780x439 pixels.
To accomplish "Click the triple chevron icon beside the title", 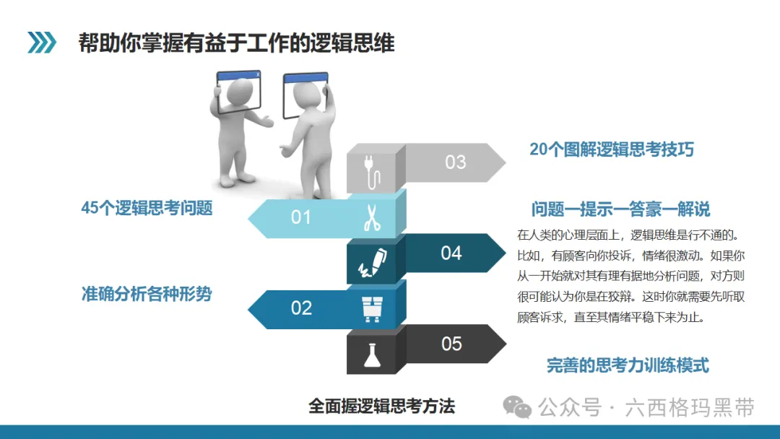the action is [x=42, y=43].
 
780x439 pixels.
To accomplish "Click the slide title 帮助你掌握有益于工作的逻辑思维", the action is [x=236, y=43].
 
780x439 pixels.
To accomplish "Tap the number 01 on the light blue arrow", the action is [x=301, y=217].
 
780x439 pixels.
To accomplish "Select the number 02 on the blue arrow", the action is [x=301, y=308].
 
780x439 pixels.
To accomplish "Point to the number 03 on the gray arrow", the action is [x=456, y=162].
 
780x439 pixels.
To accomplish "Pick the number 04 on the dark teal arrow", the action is [x=451, y=253].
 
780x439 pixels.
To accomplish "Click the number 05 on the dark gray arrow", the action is [x=451, y=344].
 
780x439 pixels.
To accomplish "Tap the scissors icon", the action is [x=372, y=218].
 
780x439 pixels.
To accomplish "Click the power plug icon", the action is [x=372, y=172].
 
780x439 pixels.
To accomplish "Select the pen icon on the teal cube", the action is [x=373, y=263].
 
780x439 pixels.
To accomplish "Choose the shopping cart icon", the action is [x=372, y=309].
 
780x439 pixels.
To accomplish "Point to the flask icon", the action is [x=372, y=355].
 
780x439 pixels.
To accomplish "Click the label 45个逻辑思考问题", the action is [x=147, y=208].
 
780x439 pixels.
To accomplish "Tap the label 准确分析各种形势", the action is [x=147, y=294].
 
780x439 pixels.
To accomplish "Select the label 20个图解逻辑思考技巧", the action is [x=612, y=149].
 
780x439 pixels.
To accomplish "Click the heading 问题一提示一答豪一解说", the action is [x=620, y=209].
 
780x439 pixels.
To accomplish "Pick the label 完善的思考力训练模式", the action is [x=628, y=365].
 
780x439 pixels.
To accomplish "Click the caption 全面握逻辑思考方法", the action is [x=381, y=407].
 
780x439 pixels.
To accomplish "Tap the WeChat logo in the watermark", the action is [x=517, y=407].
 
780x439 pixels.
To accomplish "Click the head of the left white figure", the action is [x=240, y=92].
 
